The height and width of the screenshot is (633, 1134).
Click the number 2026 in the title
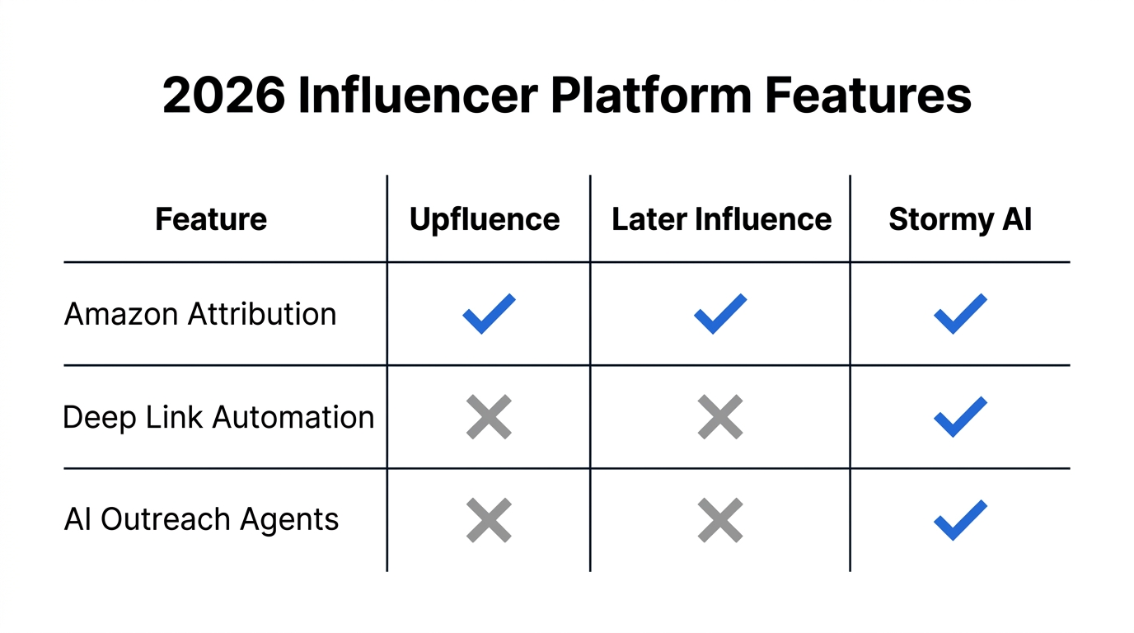[x=223, y=96]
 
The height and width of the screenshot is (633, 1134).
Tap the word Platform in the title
[x=650, y=96]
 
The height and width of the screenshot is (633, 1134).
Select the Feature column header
[x=211, y=219]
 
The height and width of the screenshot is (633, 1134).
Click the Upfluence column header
[x=485, y=219]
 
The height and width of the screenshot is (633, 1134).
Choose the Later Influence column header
[x=721, y=219]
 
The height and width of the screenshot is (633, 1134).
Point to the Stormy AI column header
[x=960, y=219]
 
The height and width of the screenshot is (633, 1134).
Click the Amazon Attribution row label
[x=200, y=314]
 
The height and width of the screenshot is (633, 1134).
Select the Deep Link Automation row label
[x=218, y=417]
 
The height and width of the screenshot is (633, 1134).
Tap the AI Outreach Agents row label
[x=201, y=519]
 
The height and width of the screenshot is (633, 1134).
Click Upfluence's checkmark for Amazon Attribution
[x=489, y=314]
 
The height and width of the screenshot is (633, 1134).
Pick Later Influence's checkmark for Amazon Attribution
[x=720, y=314]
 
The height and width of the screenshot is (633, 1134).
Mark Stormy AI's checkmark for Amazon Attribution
[x=960, y=314]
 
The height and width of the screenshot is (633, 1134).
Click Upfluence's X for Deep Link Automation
[x=489, y=417]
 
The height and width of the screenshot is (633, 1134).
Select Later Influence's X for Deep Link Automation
[x=720, y=417]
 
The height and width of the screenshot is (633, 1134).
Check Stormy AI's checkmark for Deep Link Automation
[x=960, y=417]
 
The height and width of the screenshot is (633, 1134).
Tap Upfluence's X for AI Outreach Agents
[x=489, y=520]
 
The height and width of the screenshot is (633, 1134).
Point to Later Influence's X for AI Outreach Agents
[x=720, y=520]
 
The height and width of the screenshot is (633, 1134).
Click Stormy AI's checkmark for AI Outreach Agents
[x=960, y=520]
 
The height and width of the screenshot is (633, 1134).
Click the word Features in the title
[x=868, y=96]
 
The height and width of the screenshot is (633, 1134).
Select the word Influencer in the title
[x=418, y=96]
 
